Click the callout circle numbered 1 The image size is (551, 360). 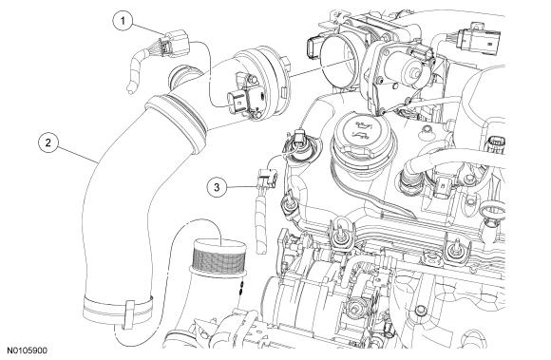123,21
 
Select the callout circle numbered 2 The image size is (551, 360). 48,142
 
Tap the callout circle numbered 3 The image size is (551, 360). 217,187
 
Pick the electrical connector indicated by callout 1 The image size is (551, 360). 174,44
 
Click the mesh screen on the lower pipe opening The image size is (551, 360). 218,256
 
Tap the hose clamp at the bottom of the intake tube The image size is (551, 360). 119,311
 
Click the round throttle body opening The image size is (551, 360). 340,64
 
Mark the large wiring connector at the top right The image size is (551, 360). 478,41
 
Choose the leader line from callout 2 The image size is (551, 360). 78,153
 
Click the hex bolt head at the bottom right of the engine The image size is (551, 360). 420,310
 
